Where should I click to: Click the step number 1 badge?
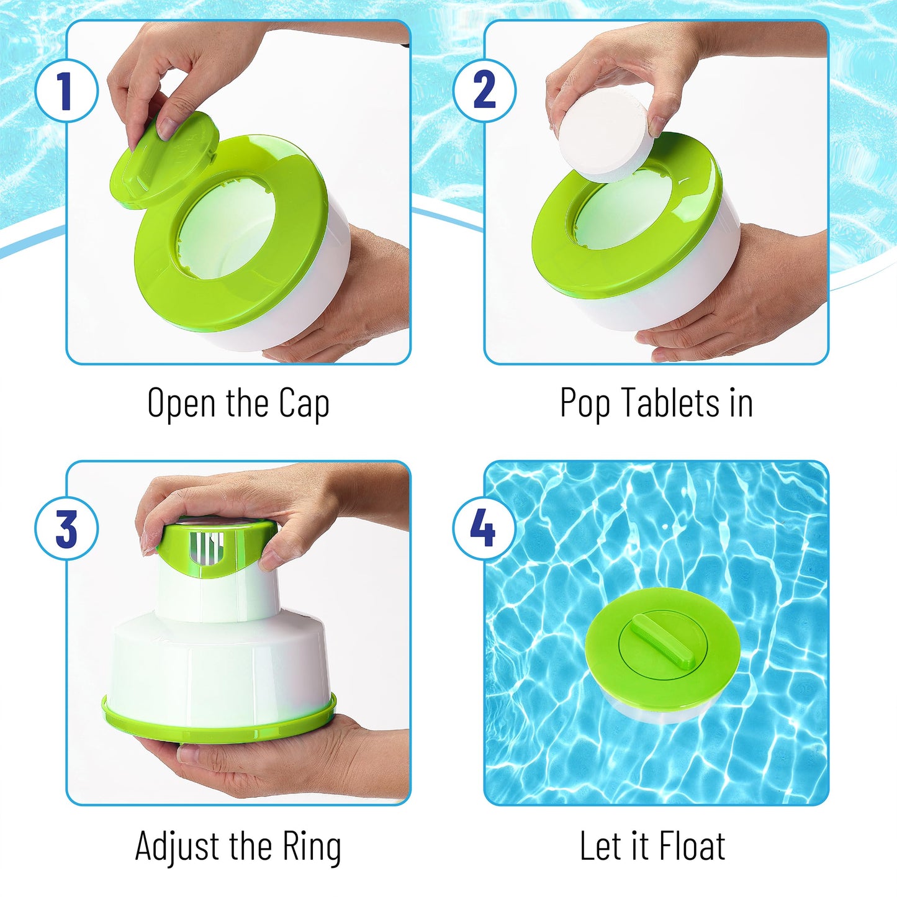click(66, 90)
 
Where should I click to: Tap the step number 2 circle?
click(484, 90)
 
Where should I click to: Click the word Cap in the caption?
click(304, 403)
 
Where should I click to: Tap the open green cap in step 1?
click(165, 157)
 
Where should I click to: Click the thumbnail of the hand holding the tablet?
click(658, 127)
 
